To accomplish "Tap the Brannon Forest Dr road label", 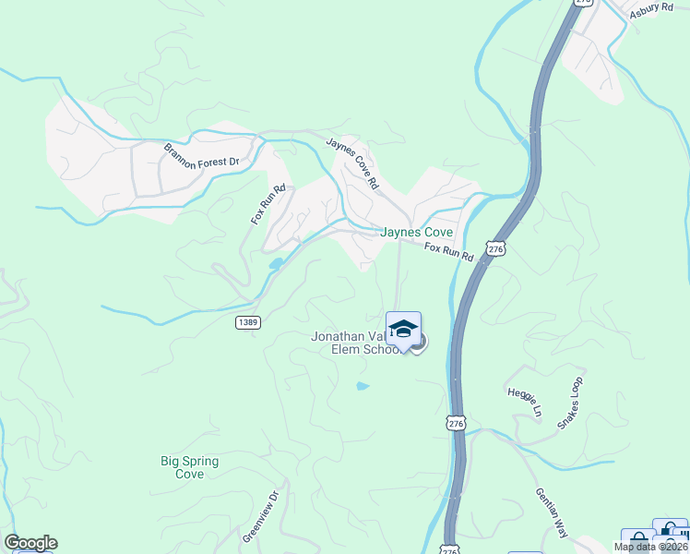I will coord(201,155).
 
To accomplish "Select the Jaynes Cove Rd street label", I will coord(352,163).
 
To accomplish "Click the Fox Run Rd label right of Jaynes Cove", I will coord(449,251).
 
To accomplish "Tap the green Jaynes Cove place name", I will coord(416,233).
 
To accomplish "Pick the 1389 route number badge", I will coord(247,322).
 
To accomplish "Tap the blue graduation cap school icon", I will coord(403,329).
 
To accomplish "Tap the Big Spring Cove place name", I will coord(182,467).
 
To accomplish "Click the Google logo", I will coord(30,543).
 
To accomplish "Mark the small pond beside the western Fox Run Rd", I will coord(276,263).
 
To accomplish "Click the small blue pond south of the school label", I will coord(363,386).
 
